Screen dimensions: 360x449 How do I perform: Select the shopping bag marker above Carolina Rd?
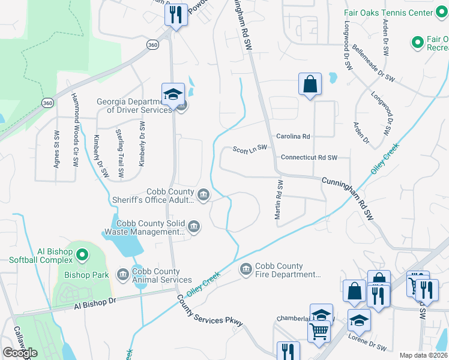pos(310,85)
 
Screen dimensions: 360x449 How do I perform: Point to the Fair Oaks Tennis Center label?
pos(397,13)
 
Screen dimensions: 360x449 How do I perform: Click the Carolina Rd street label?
pos(293,137)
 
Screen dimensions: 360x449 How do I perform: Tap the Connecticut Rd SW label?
pos(309,157)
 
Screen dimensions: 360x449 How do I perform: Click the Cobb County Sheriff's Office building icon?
pos(203,195)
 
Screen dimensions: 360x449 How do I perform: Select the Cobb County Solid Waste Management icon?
pos(193,226)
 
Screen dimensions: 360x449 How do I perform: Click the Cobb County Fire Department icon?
pos(246,270)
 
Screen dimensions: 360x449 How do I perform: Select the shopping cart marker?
pos(319,331)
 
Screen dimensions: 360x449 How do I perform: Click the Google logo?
pos(20,353)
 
